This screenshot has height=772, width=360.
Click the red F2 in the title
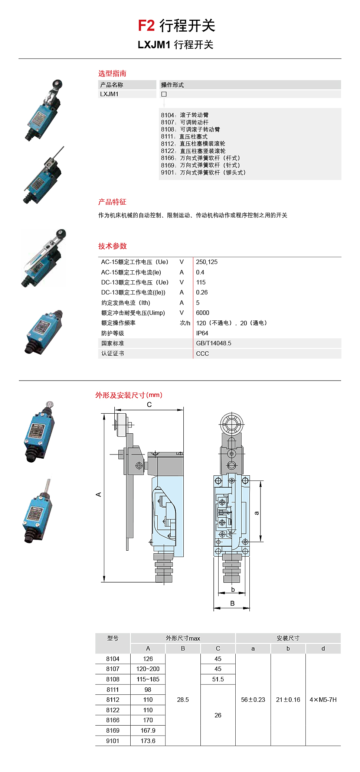pos(146,26)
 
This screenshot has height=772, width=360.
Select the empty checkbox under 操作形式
pos(164,94)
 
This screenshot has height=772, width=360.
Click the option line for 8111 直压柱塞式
pos(184,137)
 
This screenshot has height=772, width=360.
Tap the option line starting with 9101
pos(203,172)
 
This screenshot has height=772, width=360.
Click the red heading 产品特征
pos(112,202)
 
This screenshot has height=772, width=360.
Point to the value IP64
pos(202,333)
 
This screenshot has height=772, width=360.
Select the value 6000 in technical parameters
pos(202,313)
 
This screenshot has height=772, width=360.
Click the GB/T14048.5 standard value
pos(213,343)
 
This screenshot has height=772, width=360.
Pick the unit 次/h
pos(185,323)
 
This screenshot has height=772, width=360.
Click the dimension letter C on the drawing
pos(149,405)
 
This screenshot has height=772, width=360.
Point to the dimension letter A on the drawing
pos(99,494)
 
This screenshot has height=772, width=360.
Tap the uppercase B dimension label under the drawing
pos(232,603)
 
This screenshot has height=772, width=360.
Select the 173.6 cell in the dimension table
pos(148,741)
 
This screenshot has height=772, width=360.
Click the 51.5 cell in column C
pos(218,679)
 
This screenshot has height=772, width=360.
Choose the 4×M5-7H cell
pos(323,700)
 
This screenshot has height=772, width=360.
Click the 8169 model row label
pos(113,730)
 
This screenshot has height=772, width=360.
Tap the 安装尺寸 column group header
pos(288,638)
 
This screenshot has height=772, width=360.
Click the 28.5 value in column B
pos(183,700)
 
